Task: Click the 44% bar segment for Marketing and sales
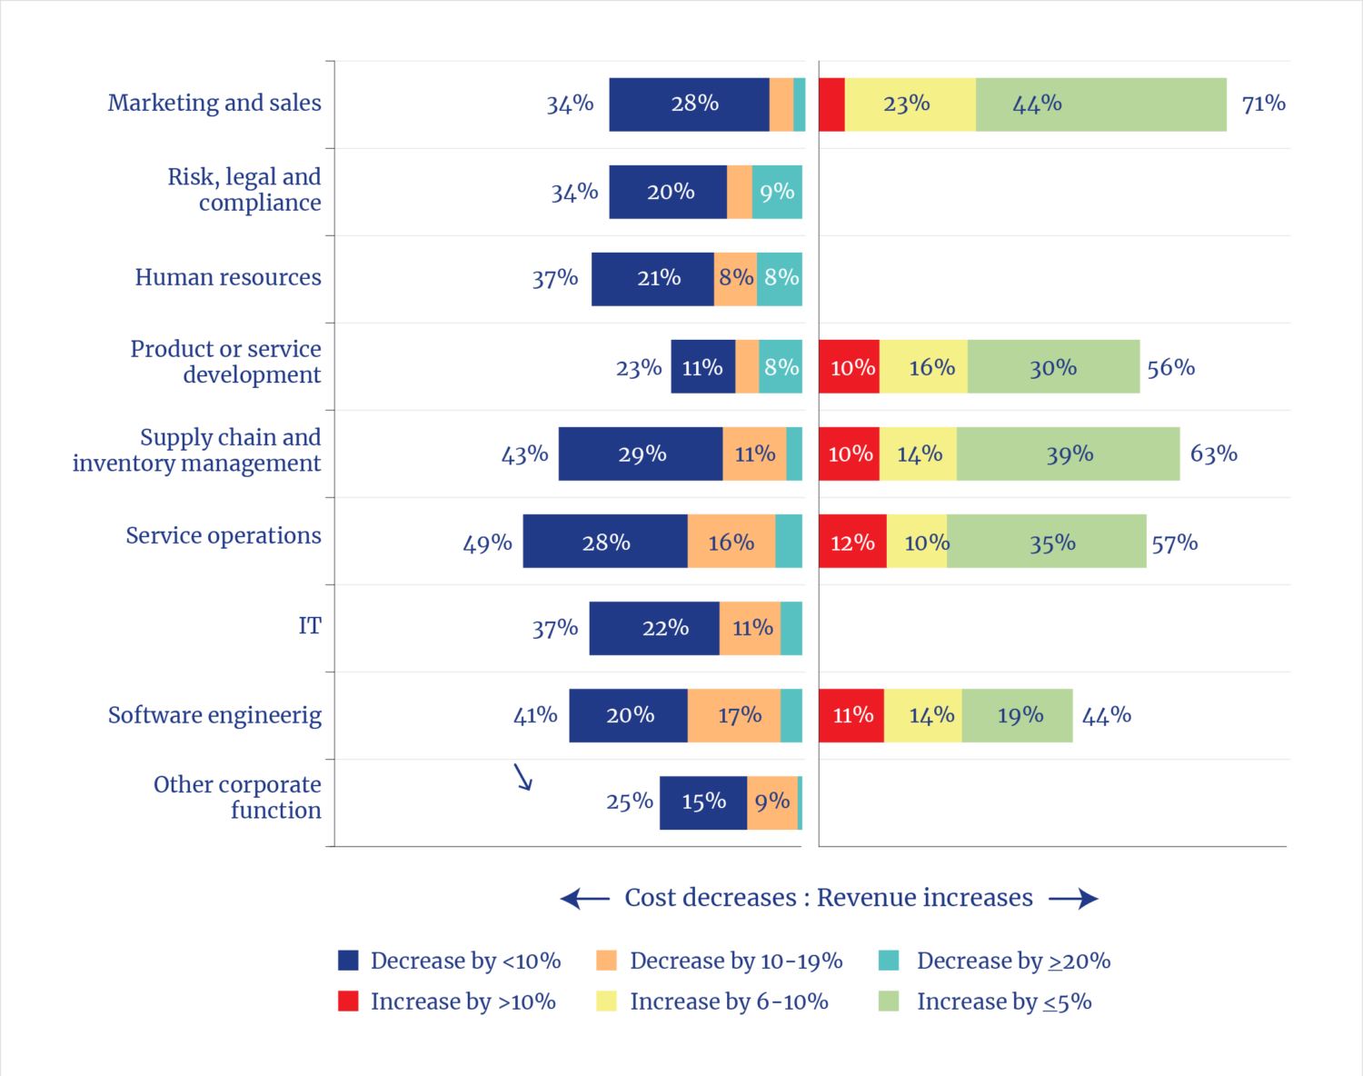[x=1101, y=105]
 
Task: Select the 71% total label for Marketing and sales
[x=1263, y=104]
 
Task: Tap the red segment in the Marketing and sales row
[x=831, y=105]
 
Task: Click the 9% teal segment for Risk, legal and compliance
[x=777, y=192]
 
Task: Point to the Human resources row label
[x=227, y=277]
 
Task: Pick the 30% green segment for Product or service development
[x=1054, y=367]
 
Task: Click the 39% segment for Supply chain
[x=1069, y=454]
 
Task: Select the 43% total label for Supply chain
[x=524, y=454]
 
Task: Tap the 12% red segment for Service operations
[x=852, y=542]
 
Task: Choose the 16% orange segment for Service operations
[x=731, y=542]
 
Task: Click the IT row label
[x=310, y=626]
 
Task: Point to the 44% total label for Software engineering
[x=1107, y=715]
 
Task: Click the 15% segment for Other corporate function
[x=702, y=802]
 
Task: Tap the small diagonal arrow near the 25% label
[x=522, y=777]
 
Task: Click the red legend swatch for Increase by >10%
[x=348, y=1001]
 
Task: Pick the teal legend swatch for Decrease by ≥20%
[x=889, y=960]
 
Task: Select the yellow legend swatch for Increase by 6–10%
[x=607, y=1001]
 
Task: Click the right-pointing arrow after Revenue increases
[x=1073, y=899]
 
